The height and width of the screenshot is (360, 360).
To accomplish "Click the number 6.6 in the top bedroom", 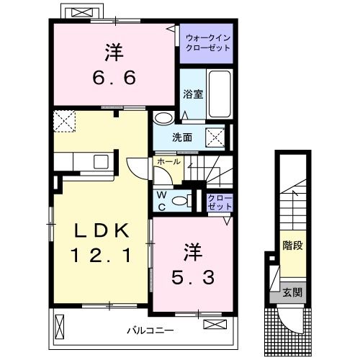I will click(114, 76).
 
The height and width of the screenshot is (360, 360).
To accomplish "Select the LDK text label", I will click(102, 231).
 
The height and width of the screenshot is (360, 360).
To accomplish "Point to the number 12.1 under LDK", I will click(102, 254).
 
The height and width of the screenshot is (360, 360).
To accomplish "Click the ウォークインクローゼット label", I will click(207, 42).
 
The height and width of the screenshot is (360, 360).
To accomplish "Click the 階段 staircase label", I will click(292, 246).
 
